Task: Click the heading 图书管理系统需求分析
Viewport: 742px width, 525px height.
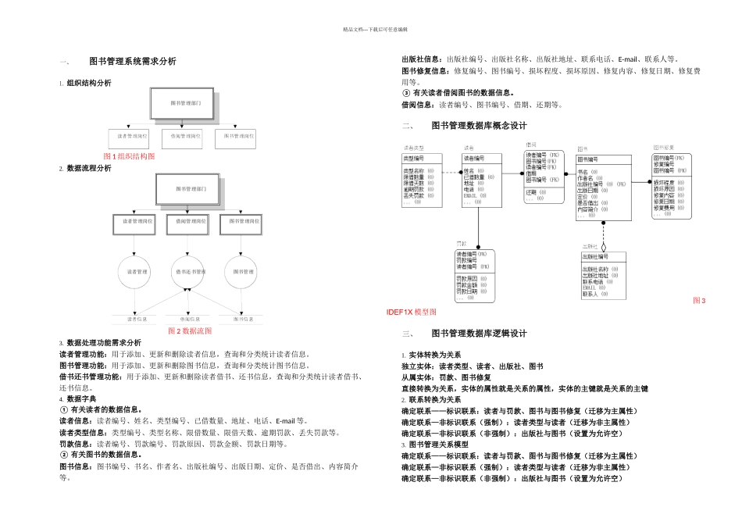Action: pos(133,61)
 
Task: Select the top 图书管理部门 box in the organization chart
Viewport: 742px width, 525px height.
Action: pos(181,102)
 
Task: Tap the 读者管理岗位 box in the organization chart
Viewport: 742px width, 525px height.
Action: pos(130,136)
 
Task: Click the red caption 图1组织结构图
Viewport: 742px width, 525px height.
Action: pos(129,156)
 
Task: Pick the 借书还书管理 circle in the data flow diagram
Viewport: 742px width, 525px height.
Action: pos(185,272)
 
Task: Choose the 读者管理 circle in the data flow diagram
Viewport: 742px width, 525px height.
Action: pos(137,272)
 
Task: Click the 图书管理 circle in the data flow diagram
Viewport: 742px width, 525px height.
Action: pos(239,272)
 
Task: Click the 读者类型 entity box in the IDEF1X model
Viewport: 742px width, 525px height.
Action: pos(421,179)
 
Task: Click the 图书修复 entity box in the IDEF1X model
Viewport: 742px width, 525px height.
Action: pos(671,184)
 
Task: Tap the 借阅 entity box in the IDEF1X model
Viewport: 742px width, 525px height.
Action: pos(544,177)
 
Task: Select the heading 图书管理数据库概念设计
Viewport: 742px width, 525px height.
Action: pos(479,126)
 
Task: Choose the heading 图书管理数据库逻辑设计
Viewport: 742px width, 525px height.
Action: pos(479,334)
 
